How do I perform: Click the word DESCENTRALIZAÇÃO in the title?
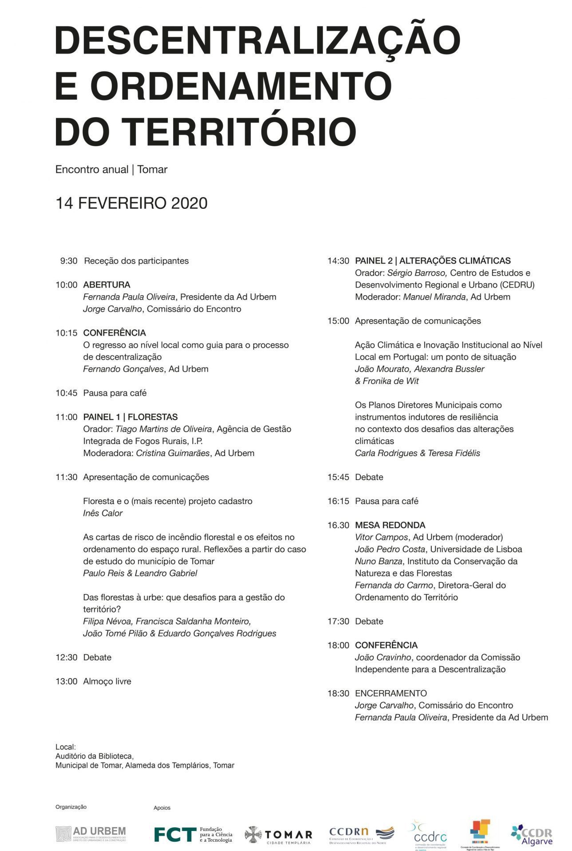[257, 41]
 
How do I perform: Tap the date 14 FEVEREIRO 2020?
[131, 203]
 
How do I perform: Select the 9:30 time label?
[69, 261]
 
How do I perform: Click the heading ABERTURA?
[107, 285]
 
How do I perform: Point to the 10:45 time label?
[67, 393]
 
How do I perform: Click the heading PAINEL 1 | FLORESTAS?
[130, 417]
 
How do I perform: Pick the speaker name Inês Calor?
[103, 513]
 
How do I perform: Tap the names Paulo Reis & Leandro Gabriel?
[140, 573]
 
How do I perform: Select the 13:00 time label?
[67, 681]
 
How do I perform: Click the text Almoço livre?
[107, 681]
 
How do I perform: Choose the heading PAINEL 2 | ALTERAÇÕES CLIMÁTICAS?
[433, 261]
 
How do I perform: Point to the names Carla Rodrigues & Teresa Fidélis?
[417, 453]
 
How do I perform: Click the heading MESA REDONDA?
[390, 525]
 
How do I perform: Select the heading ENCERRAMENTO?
[391, 693]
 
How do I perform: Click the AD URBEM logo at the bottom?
[91, 834]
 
